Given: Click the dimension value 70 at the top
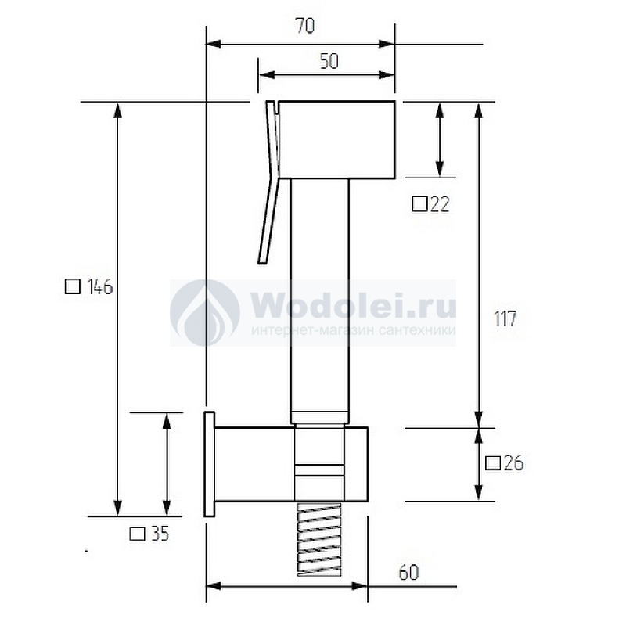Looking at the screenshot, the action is [x=305, y=26].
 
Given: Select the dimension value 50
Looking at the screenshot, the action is [x=329, y=62].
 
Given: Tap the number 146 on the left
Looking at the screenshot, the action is [x=100, y=286].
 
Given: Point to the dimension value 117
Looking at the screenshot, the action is [x=505, y=318].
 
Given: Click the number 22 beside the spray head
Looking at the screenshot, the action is [x=440, y=204].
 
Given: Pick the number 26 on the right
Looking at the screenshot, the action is [x=513, y=463].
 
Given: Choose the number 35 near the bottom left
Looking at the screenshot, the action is [x=160, y=534].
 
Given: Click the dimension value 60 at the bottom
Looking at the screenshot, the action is [x=408, y=573].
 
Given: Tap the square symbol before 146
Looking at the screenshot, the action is [x=72, y=286].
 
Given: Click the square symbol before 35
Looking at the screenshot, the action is [x=138, y=534].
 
